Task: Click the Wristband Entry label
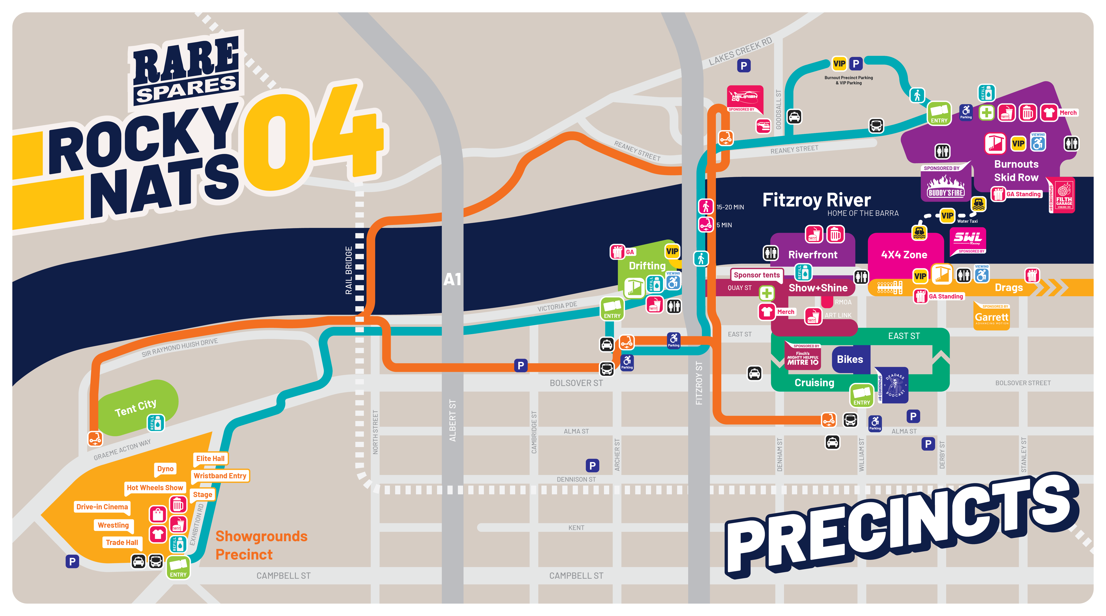click(x=220, y=476)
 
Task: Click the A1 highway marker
click(x=452, y=279)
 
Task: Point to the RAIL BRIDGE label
click(x=349, y=270)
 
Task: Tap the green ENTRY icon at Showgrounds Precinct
click(x=178, y=567)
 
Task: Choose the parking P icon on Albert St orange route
click(x=520, y=366)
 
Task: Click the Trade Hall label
click(x=122, y=543)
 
